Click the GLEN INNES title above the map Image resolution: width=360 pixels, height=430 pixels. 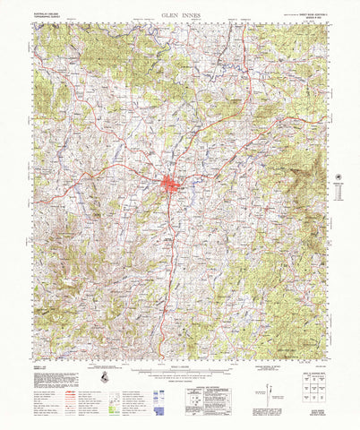(x=179, y=15)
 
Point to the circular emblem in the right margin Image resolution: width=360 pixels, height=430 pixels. (x=339, y=177)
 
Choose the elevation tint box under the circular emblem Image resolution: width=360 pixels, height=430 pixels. (x=339, y=195)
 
